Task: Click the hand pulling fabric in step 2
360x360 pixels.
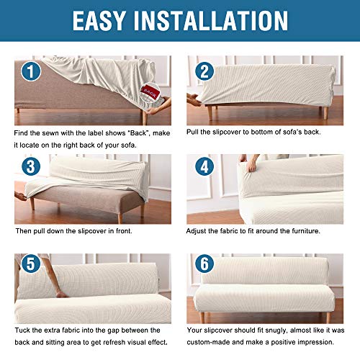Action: coord(193,97)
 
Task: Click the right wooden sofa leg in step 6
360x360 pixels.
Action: coord(328,317)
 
